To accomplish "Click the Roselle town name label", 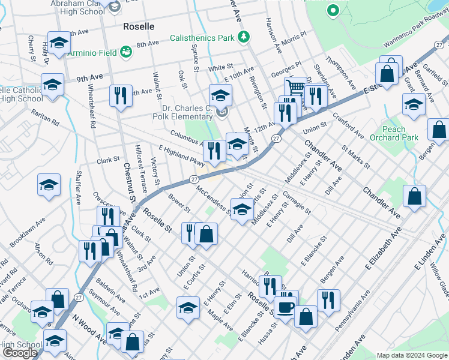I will click(138, 27).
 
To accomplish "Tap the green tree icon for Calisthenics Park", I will click(243, 38).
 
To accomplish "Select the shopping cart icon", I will click(295, 88).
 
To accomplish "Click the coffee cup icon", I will click(286, 307).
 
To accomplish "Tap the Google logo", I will click(20, 353).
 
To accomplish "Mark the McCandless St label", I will click(214, 199).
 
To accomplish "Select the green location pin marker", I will click(333, 11).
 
